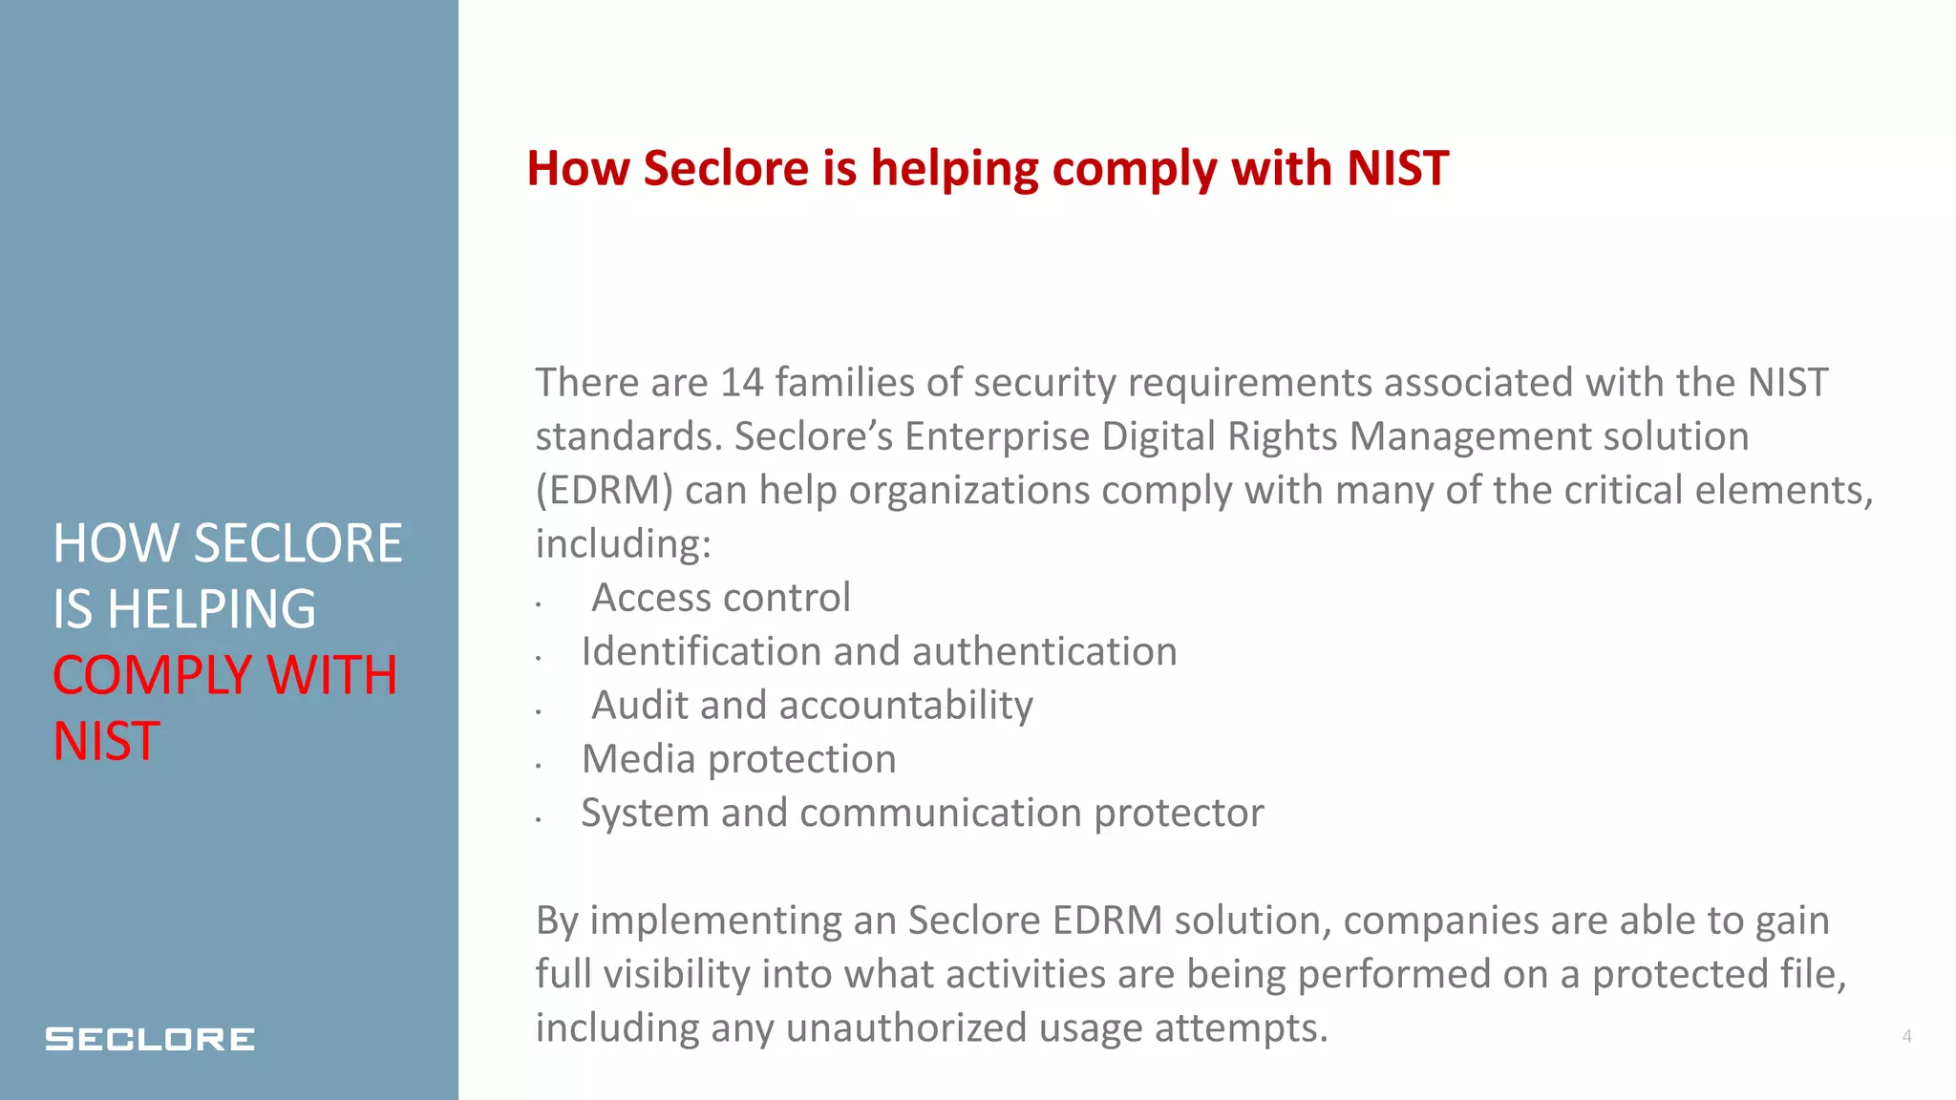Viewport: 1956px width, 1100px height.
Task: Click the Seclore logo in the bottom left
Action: [x=150, y=1039]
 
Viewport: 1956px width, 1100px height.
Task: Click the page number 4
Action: [x=1906, y=1036]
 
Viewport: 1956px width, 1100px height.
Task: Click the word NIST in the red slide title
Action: [x=1397, y=169]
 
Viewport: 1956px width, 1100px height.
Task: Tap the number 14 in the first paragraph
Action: [x=742, y=383]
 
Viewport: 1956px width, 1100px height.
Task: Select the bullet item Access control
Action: [x=720, y=599]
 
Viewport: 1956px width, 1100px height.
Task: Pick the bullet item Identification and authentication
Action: [x=879, y=652]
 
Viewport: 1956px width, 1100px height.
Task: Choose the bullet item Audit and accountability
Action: [x=812, y=706]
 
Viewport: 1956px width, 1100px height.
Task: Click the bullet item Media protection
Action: [x=738, y=760]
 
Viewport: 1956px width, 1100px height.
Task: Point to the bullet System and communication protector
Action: [x=922, y=814]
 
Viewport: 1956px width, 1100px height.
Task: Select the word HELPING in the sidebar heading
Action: [x=211, y=609]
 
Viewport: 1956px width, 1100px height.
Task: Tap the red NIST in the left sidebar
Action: [x=106, y=742]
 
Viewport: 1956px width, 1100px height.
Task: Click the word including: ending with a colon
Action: [x=623, y=544]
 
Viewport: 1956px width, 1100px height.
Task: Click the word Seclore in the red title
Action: [x=726, y=169]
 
